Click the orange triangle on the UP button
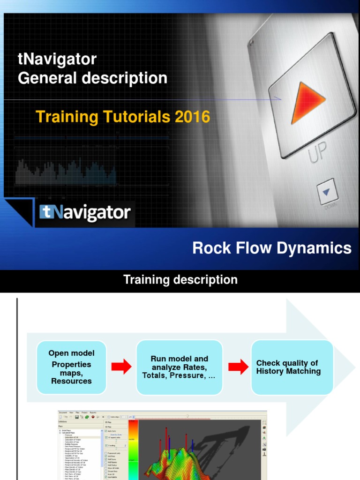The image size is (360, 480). coord(306,102)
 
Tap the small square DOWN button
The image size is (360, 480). coord(327,192)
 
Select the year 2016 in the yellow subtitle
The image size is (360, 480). coord(192,117)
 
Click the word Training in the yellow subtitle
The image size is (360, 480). coord(66,117)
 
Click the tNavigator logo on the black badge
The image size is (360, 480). coord(85,213)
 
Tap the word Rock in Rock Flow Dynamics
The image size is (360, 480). coord(210,248)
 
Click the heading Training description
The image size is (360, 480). coord(180,280)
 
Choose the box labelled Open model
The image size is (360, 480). coord(72,367)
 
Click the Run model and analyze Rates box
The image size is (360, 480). coord(179,367)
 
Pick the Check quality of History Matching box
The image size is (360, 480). coord(292,367)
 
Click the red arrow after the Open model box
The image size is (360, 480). coord(121,367)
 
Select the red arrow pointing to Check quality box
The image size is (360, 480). coord(238,367)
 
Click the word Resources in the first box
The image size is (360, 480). coord(72,381)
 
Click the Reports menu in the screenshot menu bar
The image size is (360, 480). coord(93,412)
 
